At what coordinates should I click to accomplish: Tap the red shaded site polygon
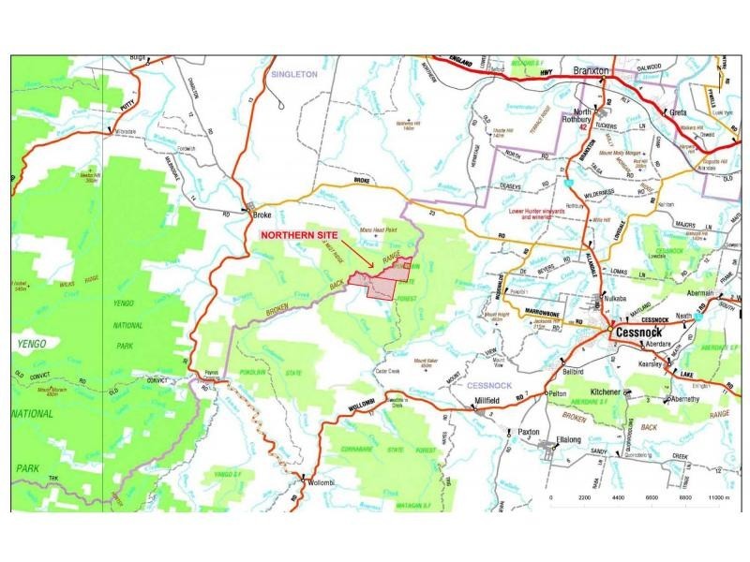[x=380, y=283]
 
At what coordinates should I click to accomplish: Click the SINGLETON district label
[x=293, y=72]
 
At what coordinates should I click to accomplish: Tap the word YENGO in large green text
[x=34, y=344]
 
